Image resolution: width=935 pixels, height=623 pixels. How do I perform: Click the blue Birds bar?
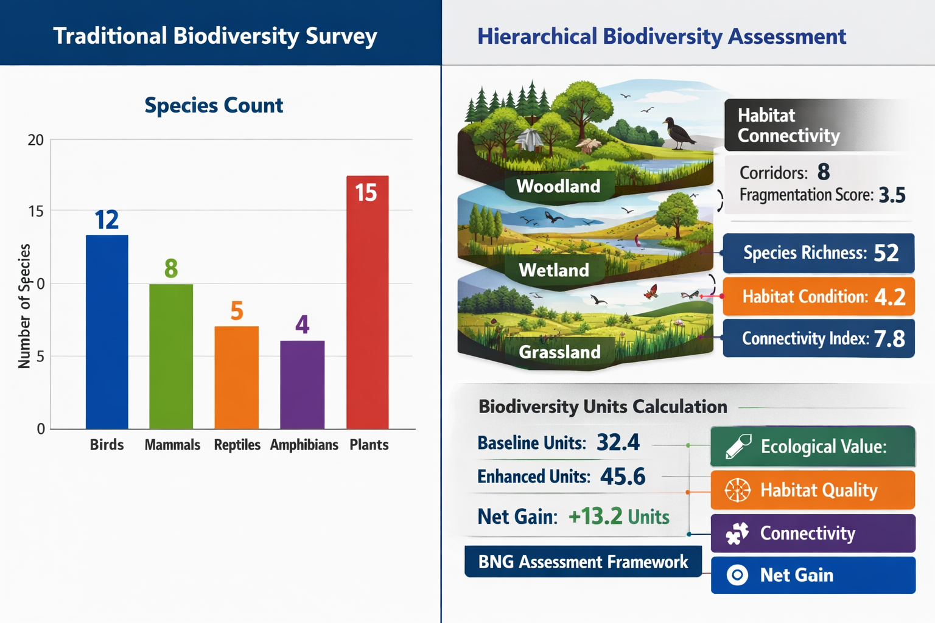(107, 332)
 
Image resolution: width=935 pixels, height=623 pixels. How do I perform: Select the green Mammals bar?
(171, 356)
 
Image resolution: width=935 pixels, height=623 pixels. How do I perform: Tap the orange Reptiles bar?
(236, 377)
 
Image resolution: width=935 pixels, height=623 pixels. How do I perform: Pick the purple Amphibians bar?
(302, 385)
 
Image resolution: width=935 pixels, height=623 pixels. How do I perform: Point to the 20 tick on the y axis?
(36, 140)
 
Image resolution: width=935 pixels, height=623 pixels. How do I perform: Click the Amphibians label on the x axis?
(304, 445)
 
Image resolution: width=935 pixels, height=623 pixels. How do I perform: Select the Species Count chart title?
(214, 105)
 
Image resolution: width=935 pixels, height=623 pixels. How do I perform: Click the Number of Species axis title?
(24, 306)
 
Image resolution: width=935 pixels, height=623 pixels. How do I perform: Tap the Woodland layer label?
(558, 186)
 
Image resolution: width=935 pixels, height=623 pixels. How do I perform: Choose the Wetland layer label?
(554, 270)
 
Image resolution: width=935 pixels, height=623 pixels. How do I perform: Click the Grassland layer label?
(559, 352)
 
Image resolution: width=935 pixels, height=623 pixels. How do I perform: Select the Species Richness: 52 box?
(818, 253)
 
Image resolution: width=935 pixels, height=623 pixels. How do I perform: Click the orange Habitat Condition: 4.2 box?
(818, 297)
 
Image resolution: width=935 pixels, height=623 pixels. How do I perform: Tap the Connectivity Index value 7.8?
(889, 339)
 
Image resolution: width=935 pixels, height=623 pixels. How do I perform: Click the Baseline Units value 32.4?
(618, 442)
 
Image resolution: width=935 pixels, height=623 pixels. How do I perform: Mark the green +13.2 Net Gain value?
(595, 517)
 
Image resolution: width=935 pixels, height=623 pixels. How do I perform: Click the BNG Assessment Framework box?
(583, 562)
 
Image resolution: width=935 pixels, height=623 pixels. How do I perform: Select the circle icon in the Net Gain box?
(737, 575)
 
